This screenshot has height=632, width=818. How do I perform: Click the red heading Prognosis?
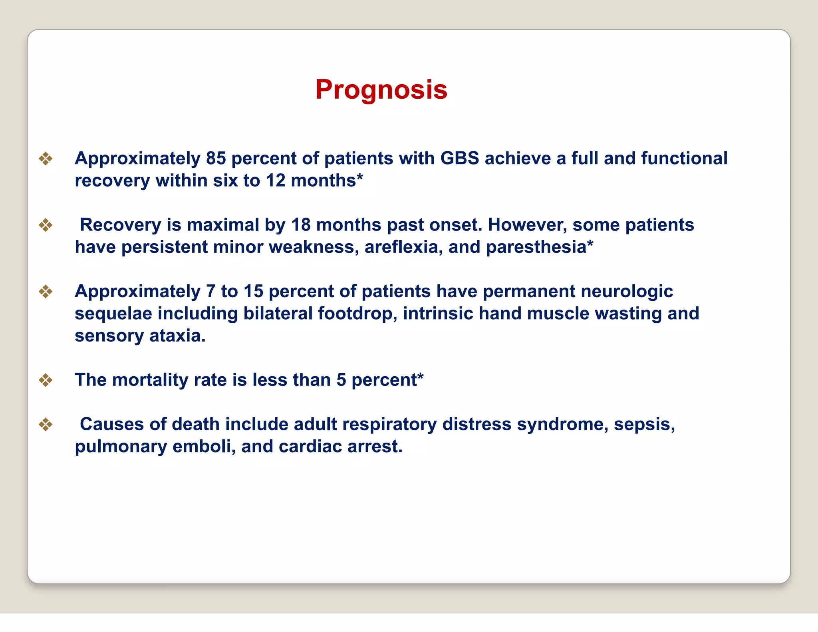pyautogui.click(x=381, y=89)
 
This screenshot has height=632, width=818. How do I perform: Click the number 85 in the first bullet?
pyautogui.click(x=216, y=159)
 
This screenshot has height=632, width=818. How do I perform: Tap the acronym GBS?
pyautogui.click(x=459, y=159)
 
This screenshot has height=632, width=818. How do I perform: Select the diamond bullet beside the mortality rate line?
pyautogui.click(x=46, y=380)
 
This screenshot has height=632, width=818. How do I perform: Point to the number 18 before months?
pyautogui.click(x=301, y=225)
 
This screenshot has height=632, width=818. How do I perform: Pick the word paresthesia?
pyautogui.click(x=536, y=247)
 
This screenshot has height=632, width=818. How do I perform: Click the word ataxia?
pyautogui.click(x=177, y=336)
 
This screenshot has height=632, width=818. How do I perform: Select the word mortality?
pyautogui.click(x=150, y=380)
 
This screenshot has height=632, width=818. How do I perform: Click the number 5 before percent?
pyautogui.click(x=341, y=380)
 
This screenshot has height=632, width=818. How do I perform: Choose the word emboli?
pyautogui.click(x=204, y=447)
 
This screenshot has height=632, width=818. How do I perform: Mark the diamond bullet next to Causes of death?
pyautogui.click(x=46, y=424)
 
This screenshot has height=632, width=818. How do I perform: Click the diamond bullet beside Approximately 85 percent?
pyautogui.click(x=46, y=159)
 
